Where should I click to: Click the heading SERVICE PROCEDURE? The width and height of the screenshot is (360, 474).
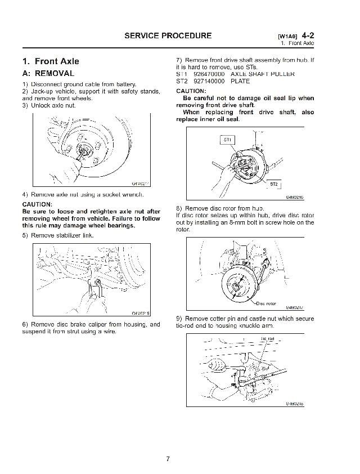pos(168,35)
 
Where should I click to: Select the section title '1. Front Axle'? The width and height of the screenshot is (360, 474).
pos(51,61)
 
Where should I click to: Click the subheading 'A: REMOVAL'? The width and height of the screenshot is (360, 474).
pos(48,73)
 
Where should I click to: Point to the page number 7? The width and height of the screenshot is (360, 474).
pos(168,458)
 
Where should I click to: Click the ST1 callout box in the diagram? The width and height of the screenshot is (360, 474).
pos(227,139)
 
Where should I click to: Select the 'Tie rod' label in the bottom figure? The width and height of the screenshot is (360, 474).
pos(267,338)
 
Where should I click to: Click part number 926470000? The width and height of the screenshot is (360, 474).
pos(209,74)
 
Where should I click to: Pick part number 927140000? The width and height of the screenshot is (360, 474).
pos(209,81)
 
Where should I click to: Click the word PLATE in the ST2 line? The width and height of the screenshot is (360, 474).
pos(240,81)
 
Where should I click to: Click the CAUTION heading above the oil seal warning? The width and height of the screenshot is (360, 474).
pos(191,91)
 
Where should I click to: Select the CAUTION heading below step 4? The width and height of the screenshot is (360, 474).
pos(37,204)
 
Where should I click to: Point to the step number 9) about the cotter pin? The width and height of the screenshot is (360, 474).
pos(179,319)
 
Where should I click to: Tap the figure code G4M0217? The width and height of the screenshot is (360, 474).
pos(294,308)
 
